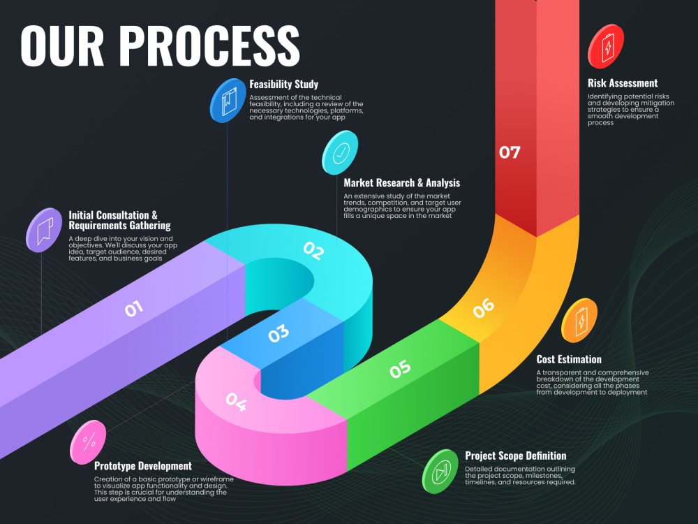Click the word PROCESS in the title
click(x=209, y=45)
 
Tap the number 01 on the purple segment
click(x=134, y=308)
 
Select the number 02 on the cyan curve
click(x=313, y=251)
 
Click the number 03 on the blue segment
click(x=279, y=333)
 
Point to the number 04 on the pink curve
click(x=236, y=402)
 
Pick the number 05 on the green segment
click(x=400, y=369)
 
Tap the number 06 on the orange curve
click(x=484, y=308)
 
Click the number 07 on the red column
click(x=510, y=152)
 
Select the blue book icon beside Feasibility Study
click(x=228, y=100)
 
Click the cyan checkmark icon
click(x=340, y=152)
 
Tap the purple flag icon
click(x=44, y=230)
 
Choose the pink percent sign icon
click(x=88, y=442)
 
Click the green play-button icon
click(x=440, y=472)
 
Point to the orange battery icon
click(x=579, y=321)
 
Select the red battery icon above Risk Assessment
click(x=606, y=46)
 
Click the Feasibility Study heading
click(x=283, y=85)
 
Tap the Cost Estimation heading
click(x=569, y=359)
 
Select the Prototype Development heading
click(x=143, y=466)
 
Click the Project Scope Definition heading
click(x=516, y=456)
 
